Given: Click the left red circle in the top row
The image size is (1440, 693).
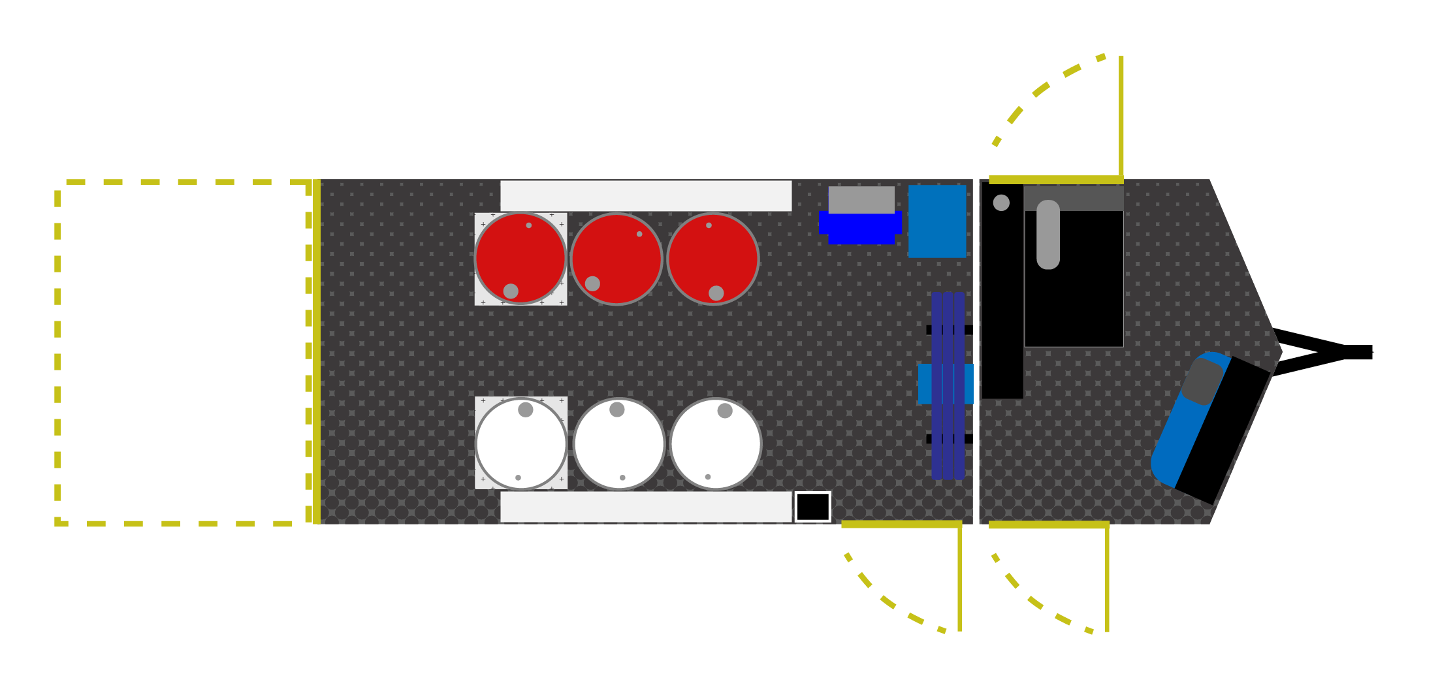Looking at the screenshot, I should click(520, 259).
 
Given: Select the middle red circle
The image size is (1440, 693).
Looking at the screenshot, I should click(616, 259).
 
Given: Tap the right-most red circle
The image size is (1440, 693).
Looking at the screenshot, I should click(713, 259).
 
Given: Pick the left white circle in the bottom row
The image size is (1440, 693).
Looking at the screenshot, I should click(521, 443).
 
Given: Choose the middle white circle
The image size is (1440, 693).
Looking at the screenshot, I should click(619, 443).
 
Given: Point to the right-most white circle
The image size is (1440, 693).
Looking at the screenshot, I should click(716, 443).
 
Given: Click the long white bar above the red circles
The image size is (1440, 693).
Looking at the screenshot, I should click(646, 196).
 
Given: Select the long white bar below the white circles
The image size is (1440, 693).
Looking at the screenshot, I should click(646, 507).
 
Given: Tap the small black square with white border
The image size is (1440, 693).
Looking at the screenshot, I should click(813, 507).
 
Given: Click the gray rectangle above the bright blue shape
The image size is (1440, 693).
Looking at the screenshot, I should click(861, 199).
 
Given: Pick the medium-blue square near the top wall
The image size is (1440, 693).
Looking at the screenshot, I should click(937, 221).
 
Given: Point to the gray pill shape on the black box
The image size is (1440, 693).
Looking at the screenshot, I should click(1048, 234).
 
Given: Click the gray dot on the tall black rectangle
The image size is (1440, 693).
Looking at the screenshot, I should click(1001, 202).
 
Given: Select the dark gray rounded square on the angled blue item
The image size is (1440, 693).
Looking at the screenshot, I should click(1202, 381).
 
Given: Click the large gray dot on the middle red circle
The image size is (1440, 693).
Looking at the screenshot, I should click(592, 283).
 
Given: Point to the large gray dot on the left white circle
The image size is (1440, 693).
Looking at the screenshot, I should click(526, 410).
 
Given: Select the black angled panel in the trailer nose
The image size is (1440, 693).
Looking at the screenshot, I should click(1223, 430).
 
